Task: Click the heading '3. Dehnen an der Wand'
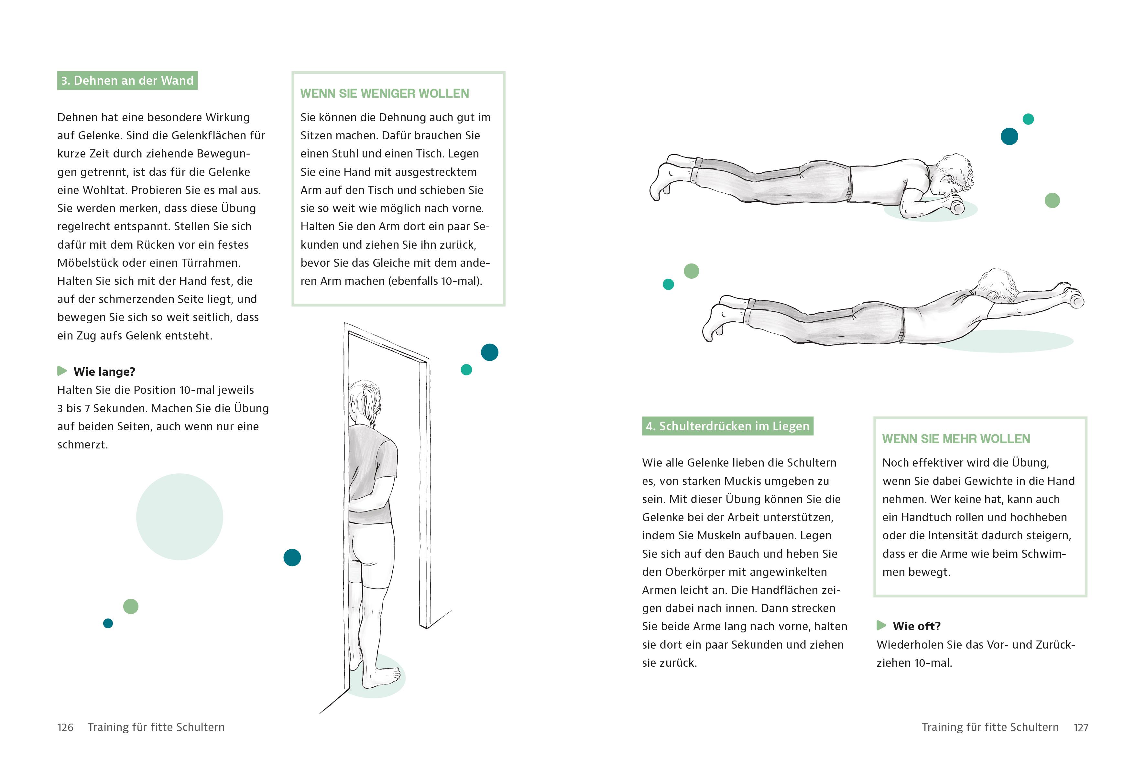tap(127, 81)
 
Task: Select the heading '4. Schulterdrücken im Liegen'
tap(727, 426)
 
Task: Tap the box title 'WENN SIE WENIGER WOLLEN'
tap(385, 94)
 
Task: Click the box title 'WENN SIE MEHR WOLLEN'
tap(956, 439)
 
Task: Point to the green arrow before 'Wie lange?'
tap(62, 371)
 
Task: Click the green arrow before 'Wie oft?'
tap(881, 626)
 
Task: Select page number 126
tap(65, 727)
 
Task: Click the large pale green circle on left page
tap(180, 517)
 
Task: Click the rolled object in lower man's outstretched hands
tap(1076, 299)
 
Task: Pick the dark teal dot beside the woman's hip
tap(292, 558)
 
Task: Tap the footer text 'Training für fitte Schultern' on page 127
tap(990, 727)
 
